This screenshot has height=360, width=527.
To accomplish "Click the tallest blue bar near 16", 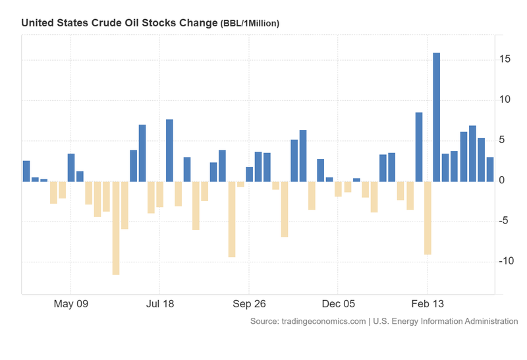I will [x=436, y=117].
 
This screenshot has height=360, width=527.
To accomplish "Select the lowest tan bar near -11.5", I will [x=116, y=227].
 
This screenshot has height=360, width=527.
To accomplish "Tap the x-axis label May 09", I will [x=71, y=305].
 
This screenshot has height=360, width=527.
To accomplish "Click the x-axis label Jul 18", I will [x=160, y=305].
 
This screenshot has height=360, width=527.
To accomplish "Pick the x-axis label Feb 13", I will [x=427, y=305].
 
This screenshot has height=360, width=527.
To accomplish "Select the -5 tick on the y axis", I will [x=504, y=221].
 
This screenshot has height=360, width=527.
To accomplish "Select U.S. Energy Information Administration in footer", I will [x=445, y=321].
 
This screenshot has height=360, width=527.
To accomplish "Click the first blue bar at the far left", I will [x=26, y=171].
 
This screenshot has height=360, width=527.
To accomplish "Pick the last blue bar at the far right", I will [x=490, y=169].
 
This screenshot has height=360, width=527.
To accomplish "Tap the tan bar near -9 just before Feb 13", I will [x=427, y=218].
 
